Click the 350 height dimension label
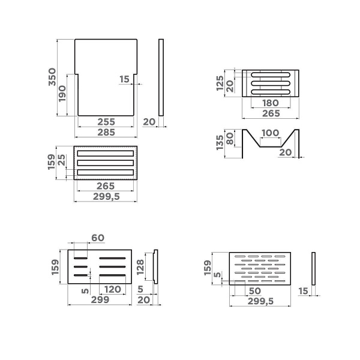pyautogui.click(x=52, y=77)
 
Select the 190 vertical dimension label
pyautogui.click(x=62, y=94)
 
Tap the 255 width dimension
pyautogui.click(x=106, y=122)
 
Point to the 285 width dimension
pyautogui.click(x=106, y=132)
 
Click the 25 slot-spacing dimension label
pyautogui.click(x=62, y=160)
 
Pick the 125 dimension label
pyautogui.click(x=220, y=83)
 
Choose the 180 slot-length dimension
pyautogui.click(x=271, y=103)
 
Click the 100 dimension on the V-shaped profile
pyautogui.click(x=270, y=133)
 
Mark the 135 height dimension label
pyautogui.click(x=220, y=142)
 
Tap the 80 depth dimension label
pyautogui.click(x=230, y=139)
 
